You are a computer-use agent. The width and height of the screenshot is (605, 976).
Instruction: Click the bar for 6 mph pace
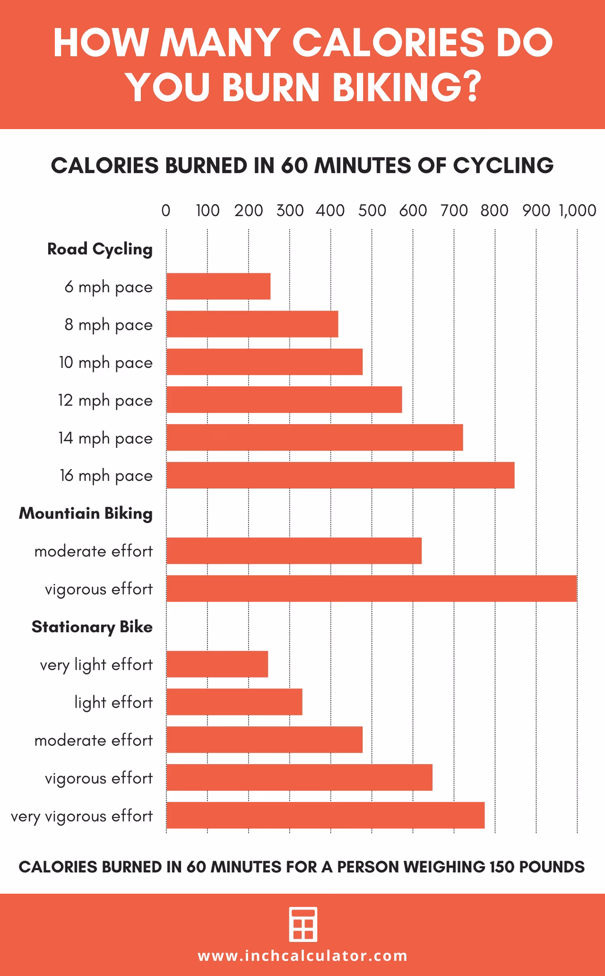point(218,286)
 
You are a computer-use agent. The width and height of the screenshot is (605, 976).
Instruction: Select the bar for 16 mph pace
point(340,475)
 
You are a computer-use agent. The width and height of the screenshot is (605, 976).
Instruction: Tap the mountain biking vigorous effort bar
point(371,589)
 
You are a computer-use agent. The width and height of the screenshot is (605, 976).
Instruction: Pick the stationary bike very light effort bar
point(217,664)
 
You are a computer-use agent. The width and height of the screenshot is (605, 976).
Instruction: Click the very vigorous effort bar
point(325,815)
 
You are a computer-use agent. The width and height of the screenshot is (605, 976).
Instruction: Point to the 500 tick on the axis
point(372,210)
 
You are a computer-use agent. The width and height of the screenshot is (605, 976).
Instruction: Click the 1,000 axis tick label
point(577,210)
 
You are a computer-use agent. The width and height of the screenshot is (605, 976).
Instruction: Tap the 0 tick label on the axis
point(166,210)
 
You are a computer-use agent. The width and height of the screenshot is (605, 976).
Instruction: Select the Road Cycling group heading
point(100,249)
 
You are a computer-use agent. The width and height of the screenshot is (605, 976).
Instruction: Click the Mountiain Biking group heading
point(85,513)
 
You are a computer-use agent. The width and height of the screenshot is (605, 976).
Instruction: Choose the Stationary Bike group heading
point(92,627)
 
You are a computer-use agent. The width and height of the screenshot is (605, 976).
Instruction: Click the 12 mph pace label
point(105,401)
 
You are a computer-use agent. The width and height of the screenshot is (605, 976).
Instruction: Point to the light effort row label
point(113,703)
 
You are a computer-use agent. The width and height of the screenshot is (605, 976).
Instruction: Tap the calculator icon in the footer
point(303,924)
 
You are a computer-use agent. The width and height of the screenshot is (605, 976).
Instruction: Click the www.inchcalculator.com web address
point(302,956)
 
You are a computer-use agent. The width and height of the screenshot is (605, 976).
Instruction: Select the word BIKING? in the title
point(406,87)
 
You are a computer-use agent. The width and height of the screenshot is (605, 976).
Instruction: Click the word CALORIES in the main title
point(388,42)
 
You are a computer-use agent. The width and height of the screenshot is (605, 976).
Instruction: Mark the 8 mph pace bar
point(252,324)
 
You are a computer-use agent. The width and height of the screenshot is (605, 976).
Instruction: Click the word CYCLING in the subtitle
point(503,166)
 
